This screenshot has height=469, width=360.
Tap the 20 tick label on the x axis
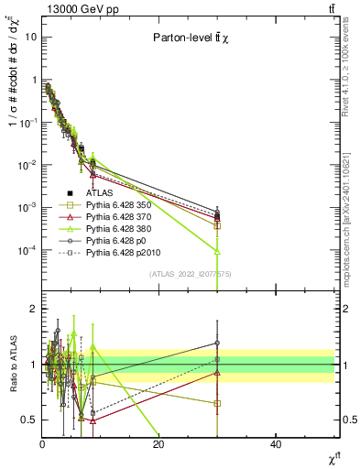click(158, 445)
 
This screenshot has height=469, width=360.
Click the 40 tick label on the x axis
click(276, 445)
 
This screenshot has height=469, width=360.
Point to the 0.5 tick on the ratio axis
click(28, 420)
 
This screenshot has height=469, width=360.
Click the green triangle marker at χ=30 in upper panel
click(217, 250)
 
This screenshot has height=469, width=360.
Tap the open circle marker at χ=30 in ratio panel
click(217, 343)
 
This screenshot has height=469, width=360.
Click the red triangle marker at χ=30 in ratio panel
click(217, 372)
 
